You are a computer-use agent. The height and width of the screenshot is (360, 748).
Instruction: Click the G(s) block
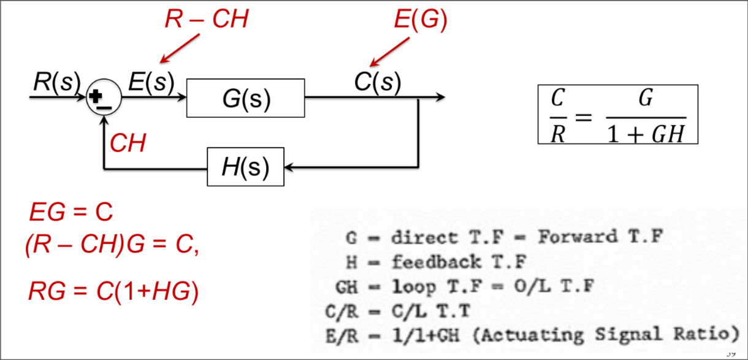point(245,98)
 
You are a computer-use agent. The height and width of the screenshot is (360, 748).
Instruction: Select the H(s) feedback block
point(245,167)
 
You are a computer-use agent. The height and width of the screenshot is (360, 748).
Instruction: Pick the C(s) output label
point(377,82)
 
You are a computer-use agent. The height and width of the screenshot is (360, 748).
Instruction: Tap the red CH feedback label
point(128,144)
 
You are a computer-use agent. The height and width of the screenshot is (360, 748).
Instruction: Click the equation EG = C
point(71,213)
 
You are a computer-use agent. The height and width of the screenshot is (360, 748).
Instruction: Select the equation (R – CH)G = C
point(112,247)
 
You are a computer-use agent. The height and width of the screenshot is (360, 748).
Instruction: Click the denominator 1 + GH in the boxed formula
point(645,132)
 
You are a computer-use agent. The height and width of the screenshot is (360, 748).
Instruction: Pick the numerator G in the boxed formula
point(645,98)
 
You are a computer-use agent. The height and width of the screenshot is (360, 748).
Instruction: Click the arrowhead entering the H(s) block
point(290,167)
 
